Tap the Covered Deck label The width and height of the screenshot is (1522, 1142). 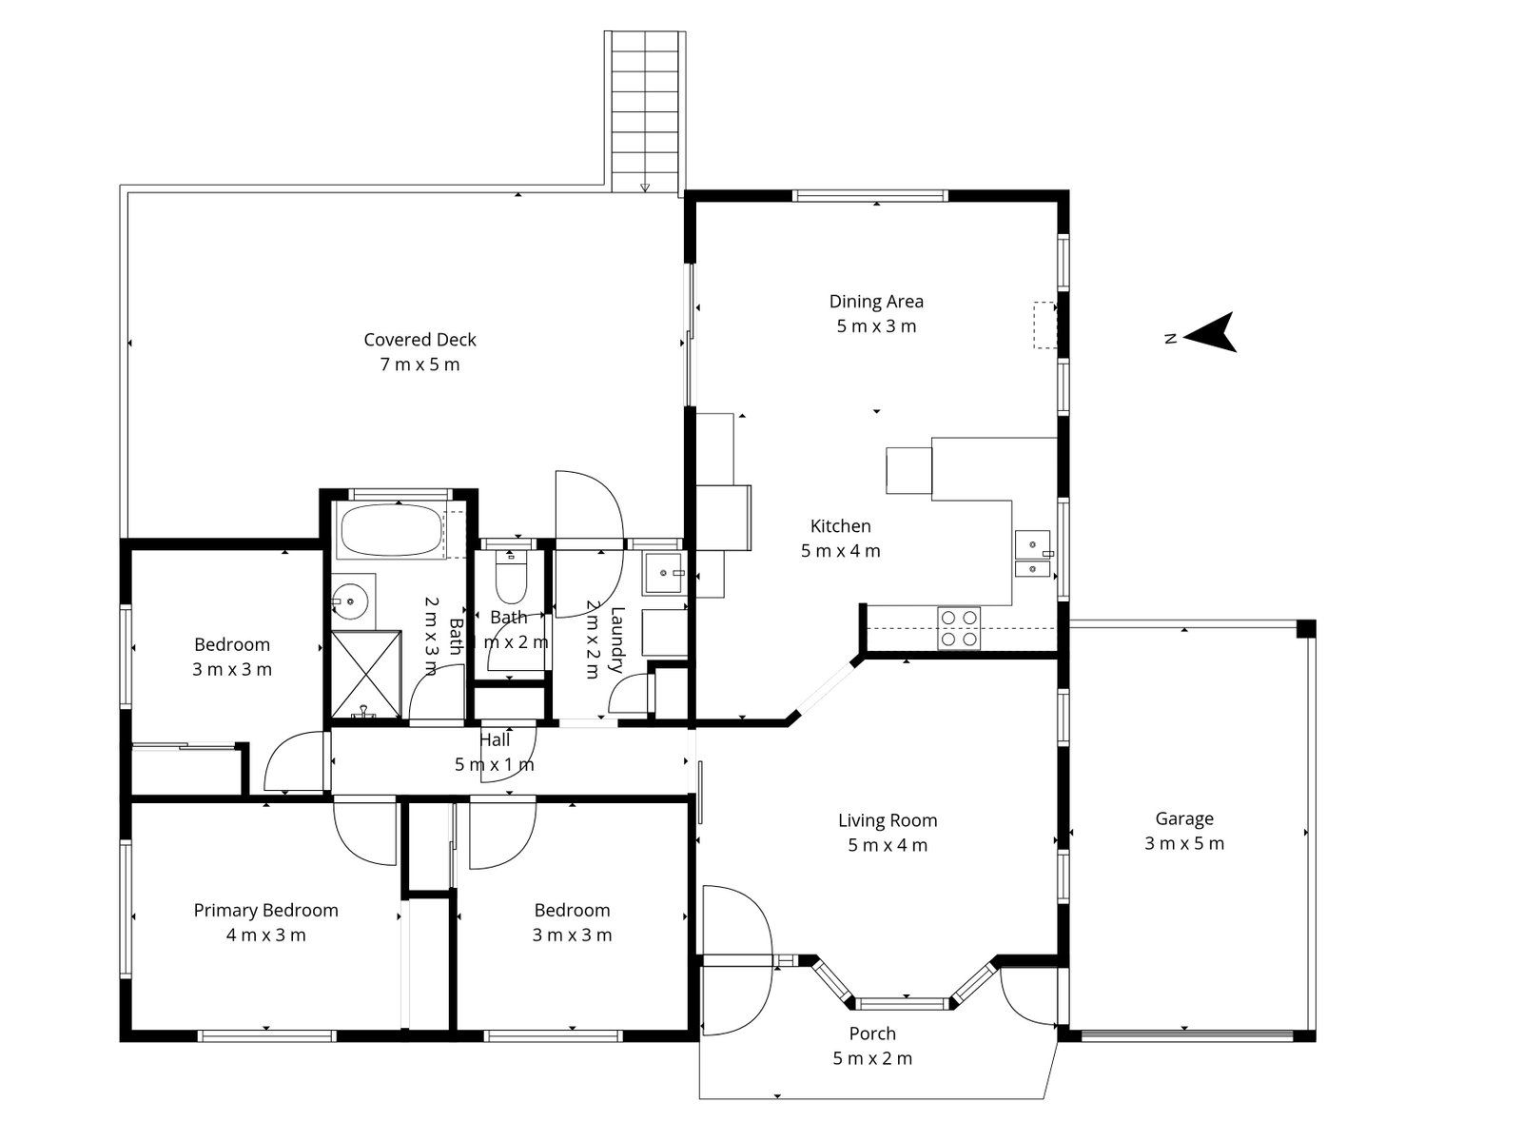pos(420,340)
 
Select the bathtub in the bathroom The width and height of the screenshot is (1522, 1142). pos(391,531)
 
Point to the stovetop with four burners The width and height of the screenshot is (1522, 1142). pos(958,628)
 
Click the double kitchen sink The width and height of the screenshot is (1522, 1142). pos(1032,555)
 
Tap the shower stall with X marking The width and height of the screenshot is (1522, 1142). pos(365,673)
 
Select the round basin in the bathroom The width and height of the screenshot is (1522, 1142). pos(350,601)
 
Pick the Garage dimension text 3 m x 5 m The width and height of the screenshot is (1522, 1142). pos(1184,843)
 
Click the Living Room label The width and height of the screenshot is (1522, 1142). pos(887,820)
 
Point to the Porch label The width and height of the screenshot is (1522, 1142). pos(872,1034)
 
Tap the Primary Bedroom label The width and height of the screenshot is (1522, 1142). pos(265,911)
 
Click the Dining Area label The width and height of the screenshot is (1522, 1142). pos(876,302)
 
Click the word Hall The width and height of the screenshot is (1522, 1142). pos(495,739)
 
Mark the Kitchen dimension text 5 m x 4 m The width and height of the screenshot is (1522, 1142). pos(841,551)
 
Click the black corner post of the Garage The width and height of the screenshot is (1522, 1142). pos(1306,628)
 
